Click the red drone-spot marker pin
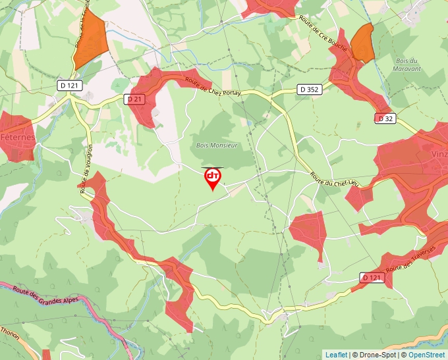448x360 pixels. coord(213,178)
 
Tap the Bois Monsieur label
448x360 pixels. coord(216,145)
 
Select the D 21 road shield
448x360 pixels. coord(134,99)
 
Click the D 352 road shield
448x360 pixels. coord(309,89)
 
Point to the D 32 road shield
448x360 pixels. coord(385,118)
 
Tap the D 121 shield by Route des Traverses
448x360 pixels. coord(372,278)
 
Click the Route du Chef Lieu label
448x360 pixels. coord(334,180)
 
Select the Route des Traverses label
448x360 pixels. coord(412,259)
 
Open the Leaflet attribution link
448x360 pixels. coord(336,355)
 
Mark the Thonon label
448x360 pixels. coord(11,334)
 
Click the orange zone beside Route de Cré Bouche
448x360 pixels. coord(362,43)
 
